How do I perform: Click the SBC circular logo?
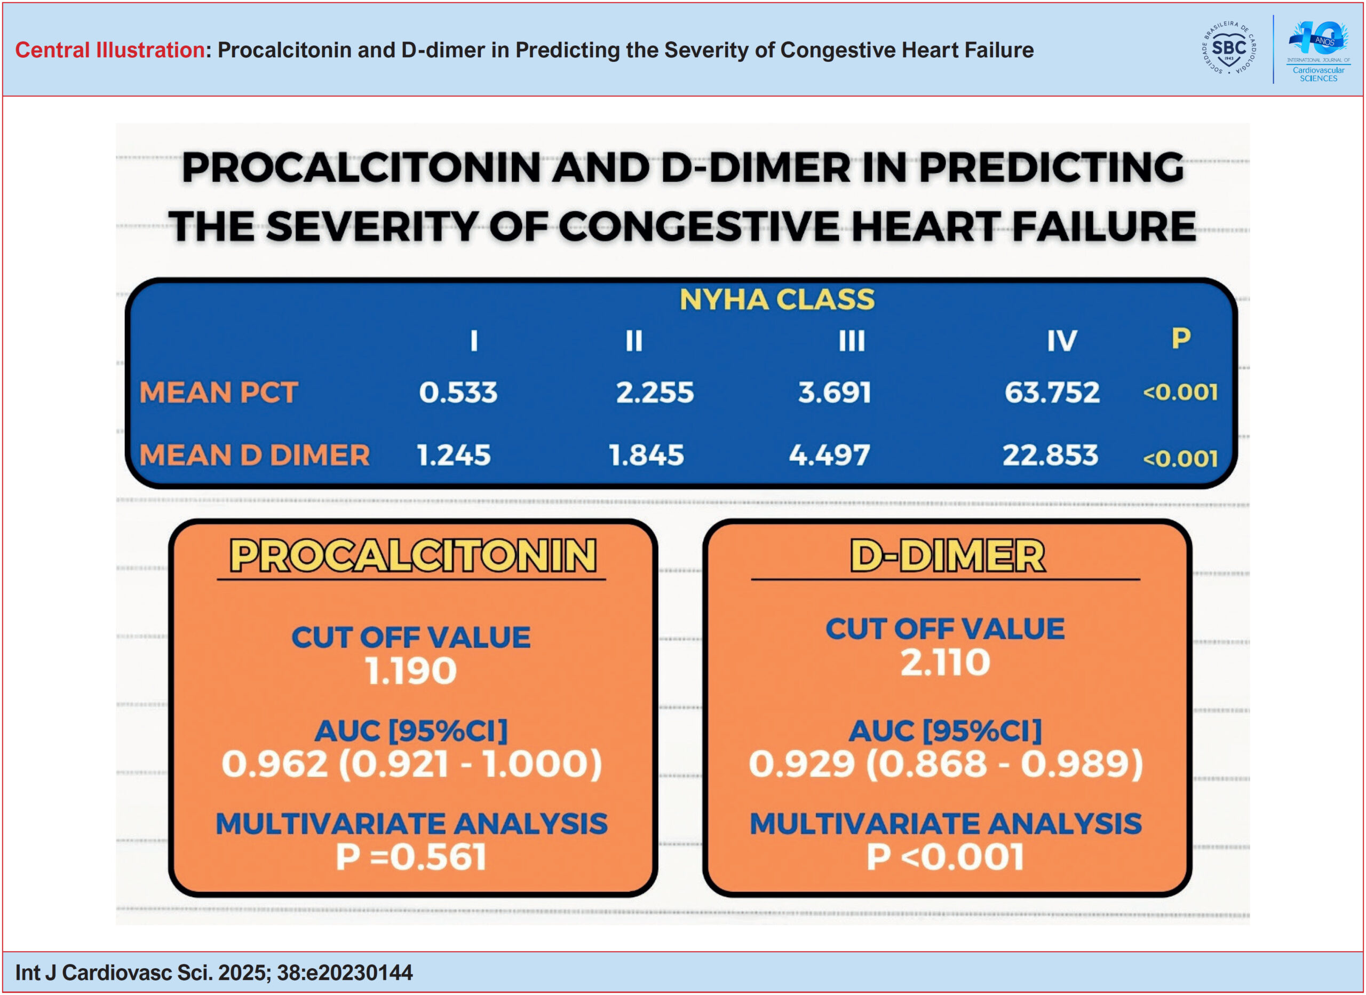[x=1229, y=48]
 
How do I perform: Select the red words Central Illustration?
[x=109, y=50]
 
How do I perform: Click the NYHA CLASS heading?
[x=777, y=300]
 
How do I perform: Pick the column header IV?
[x=1061, y=341]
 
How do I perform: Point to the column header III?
[x=852, y=341]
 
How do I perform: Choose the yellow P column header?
[x=1181, y=338]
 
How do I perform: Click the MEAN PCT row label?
[x=219, y=393]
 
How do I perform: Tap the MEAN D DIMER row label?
[x=254, y=455]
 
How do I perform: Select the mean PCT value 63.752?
[x=1052, y=393]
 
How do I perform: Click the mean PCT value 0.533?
[x=458, y=393]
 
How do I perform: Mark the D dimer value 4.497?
[x=829, y=455]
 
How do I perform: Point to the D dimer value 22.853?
[x=1051, y=455]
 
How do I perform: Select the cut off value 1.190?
[x=411, y=671]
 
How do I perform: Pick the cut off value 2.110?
[x=945, y=662]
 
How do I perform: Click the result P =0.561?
[x=411, y=857]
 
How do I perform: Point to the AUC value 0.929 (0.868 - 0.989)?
[x=946, y=764]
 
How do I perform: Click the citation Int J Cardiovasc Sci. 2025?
[x=214, y=973]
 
